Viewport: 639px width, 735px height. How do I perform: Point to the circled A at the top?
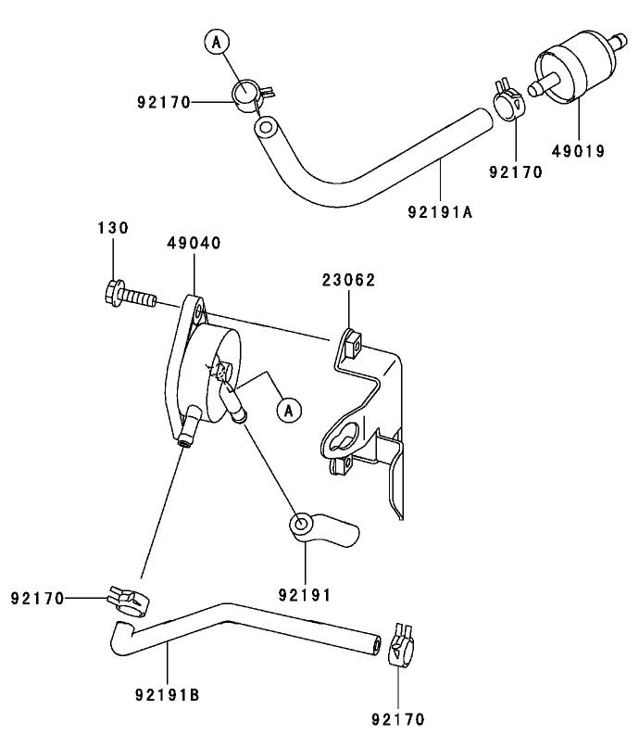click(x=216, y=42)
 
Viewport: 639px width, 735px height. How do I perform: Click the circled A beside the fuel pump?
click(x=289, y=408)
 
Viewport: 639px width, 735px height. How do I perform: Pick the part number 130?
click(x=113, y=228)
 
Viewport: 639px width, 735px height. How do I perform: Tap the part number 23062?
click(x=349, y=280)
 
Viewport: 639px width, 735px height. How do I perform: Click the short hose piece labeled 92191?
click(x=322, y=530)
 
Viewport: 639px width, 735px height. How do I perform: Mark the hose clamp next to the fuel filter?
click(x=508, y=95)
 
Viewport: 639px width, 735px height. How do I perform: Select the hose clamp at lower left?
click(x=129, y=602)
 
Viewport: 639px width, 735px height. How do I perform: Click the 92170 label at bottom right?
click(x=398, y=718)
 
